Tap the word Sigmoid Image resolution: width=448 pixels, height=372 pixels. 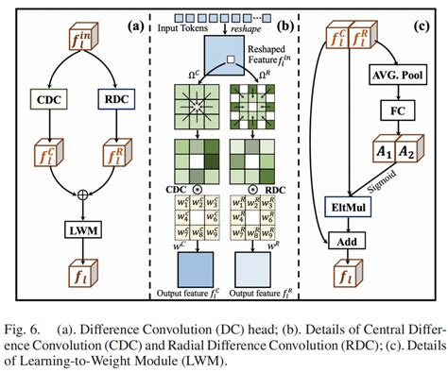tap(408, 185)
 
